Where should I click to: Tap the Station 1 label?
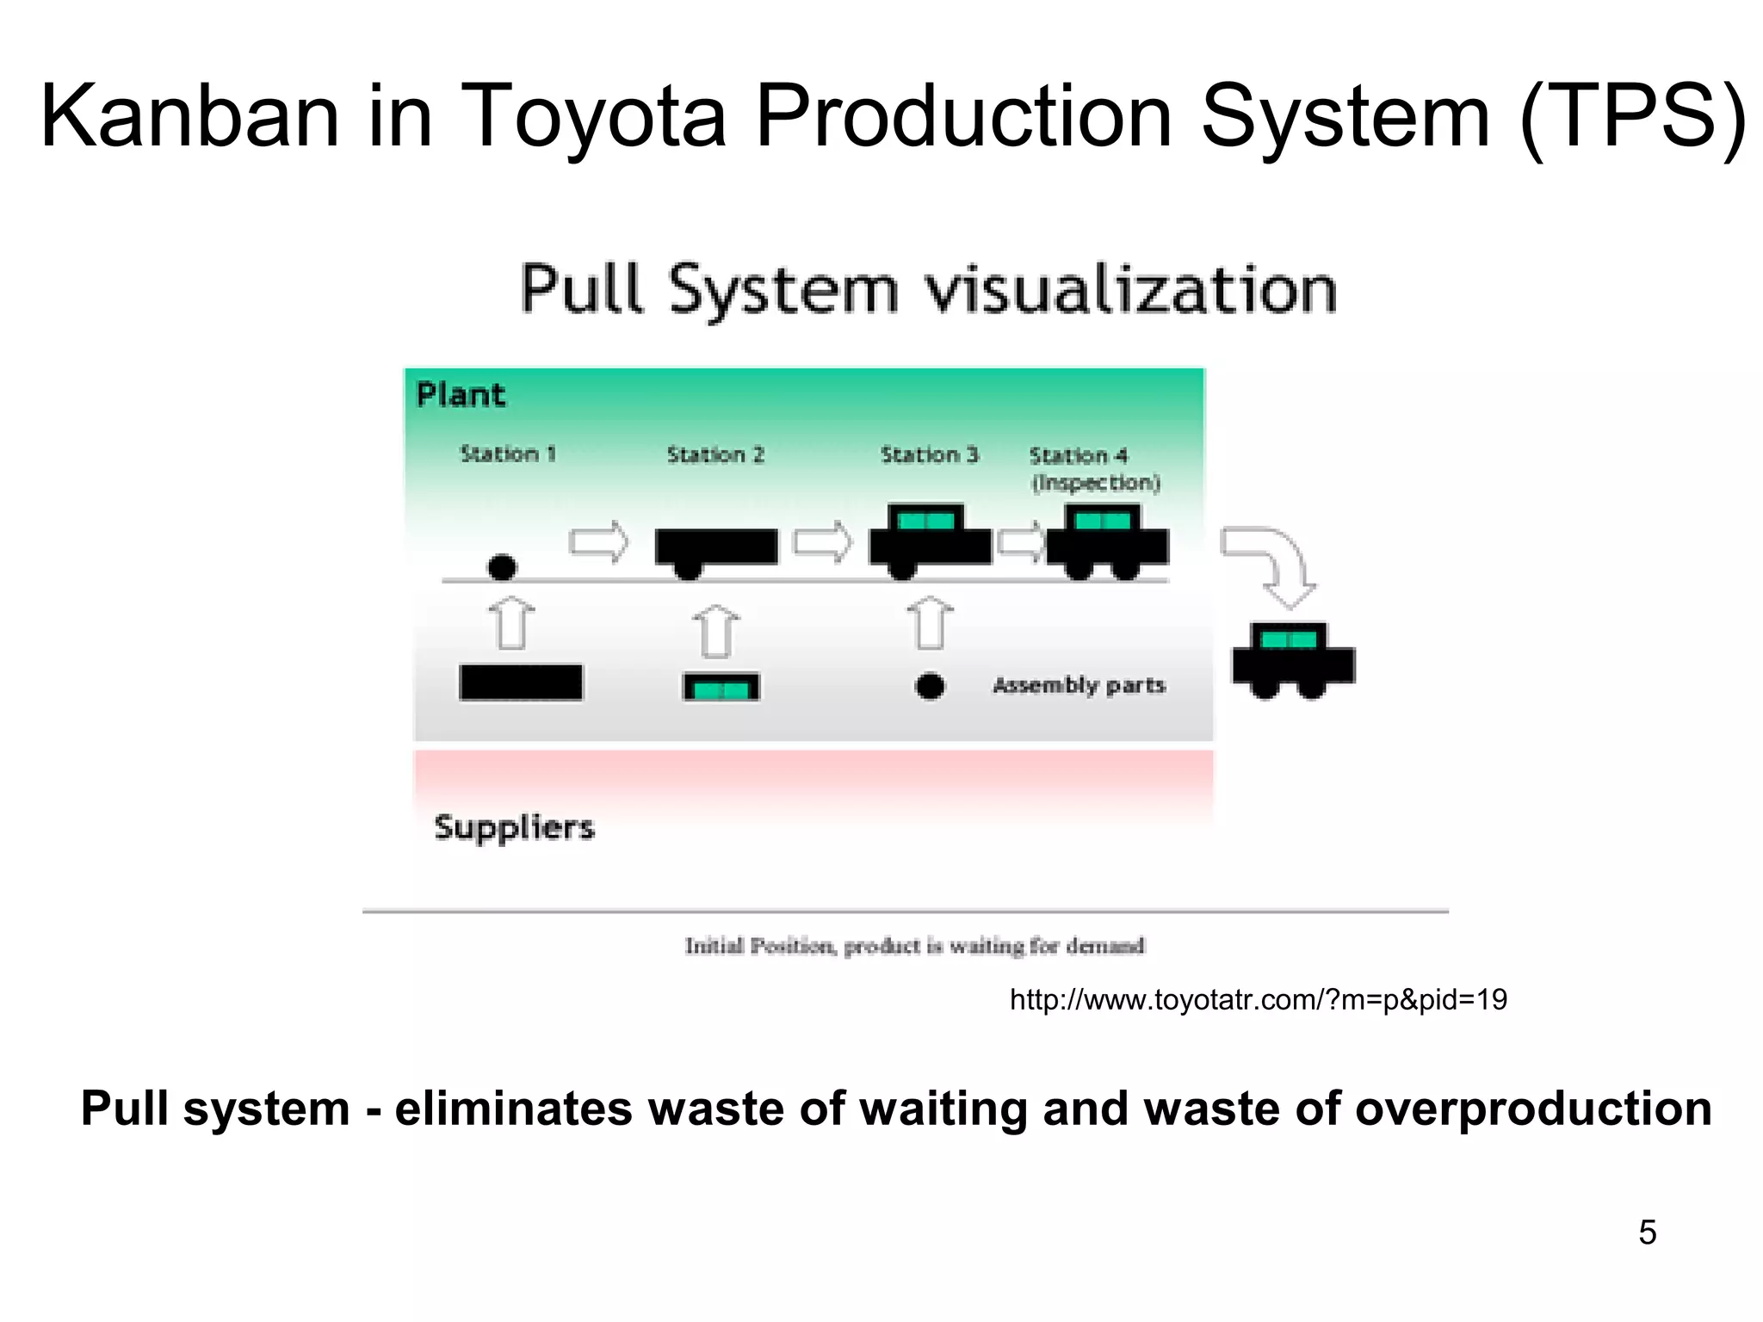(508, 454)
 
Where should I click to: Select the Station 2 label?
(715, 454)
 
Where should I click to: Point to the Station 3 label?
(930, 454)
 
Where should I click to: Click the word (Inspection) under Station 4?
(1096, 483)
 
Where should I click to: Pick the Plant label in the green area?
(461, 395)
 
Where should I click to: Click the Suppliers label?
(514, 827)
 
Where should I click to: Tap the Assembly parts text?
(1079, 685)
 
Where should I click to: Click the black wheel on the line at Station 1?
(502, 567)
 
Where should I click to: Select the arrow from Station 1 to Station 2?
(599, 542)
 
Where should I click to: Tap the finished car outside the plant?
(1293, 661)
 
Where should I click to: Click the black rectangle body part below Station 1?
(521, 683)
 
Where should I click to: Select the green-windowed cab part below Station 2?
(721, 688)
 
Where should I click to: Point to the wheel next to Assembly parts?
(930, 686)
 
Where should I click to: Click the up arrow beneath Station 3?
(930, 623)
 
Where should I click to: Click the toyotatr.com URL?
(1258, 999)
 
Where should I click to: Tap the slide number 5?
(1647, 1232)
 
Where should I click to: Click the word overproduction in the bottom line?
(1533, 1109)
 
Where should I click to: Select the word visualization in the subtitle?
(1129, 290)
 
